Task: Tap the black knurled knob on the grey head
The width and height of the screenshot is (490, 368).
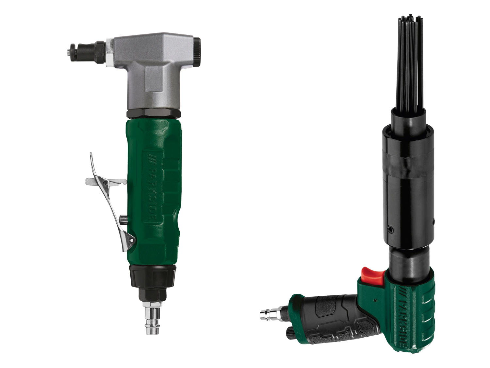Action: pos(196,52)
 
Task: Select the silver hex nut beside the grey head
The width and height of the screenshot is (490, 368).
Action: pos(110,53)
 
